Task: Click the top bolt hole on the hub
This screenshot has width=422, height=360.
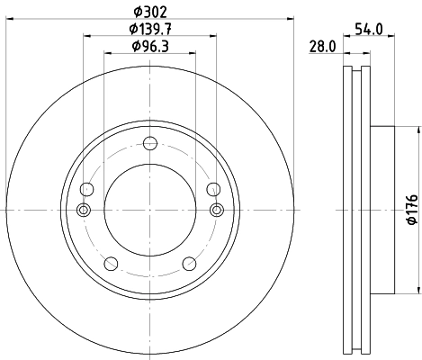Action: pos(150,141)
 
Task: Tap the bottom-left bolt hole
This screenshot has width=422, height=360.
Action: pos(111,263)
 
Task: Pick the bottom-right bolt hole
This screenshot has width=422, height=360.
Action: pos(189,263)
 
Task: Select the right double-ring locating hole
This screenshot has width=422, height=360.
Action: pos(215,210)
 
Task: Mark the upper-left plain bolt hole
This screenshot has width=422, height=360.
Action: pos(86,189)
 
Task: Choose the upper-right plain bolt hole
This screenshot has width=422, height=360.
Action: pos(213,189)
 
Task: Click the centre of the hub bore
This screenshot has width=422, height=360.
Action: pos(150,210)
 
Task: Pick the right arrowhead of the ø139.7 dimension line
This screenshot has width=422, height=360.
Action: pos(213,36)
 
